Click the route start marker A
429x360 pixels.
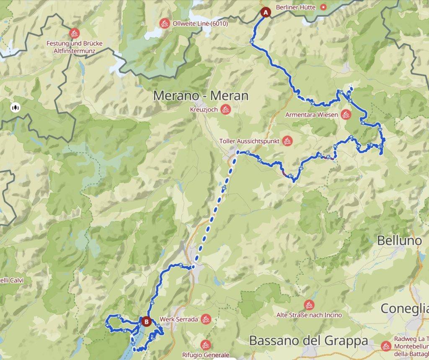[265, 12]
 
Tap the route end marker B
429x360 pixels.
[146, 321]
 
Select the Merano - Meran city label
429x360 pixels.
[201, 96]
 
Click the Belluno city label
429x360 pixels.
[399, 241]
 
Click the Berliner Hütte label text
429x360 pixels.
[297, 7]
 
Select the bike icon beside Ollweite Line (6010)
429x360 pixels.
[165, 23]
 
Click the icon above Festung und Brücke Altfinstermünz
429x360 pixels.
[75, 33]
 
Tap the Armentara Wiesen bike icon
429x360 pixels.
[346, 114]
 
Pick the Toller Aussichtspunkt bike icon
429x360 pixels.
[287, 141]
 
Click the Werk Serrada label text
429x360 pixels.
[178, 319]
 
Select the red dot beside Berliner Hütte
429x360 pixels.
[323, 7]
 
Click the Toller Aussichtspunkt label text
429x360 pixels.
[249, 141]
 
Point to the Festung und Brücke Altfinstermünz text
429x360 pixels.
[75, 47]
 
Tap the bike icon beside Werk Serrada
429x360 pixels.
[206, 319]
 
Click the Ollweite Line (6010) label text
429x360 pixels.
[200, 23]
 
